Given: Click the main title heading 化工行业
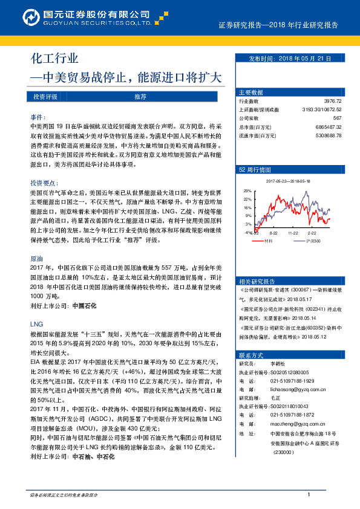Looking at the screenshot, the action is point(54,59).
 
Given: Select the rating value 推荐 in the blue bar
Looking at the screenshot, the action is point(140,97).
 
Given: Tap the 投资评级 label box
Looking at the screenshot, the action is point(45,97).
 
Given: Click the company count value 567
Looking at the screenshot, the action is point(338,118).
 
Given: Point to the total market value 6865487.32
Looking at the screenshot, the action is point(329,127).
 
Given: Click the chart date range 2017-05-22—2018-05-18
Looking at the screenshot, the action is point(288,180).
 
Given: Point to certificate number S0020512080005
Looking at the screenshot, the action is point(288,373).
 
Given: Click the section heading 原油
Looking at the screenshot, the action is point(36,258).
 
